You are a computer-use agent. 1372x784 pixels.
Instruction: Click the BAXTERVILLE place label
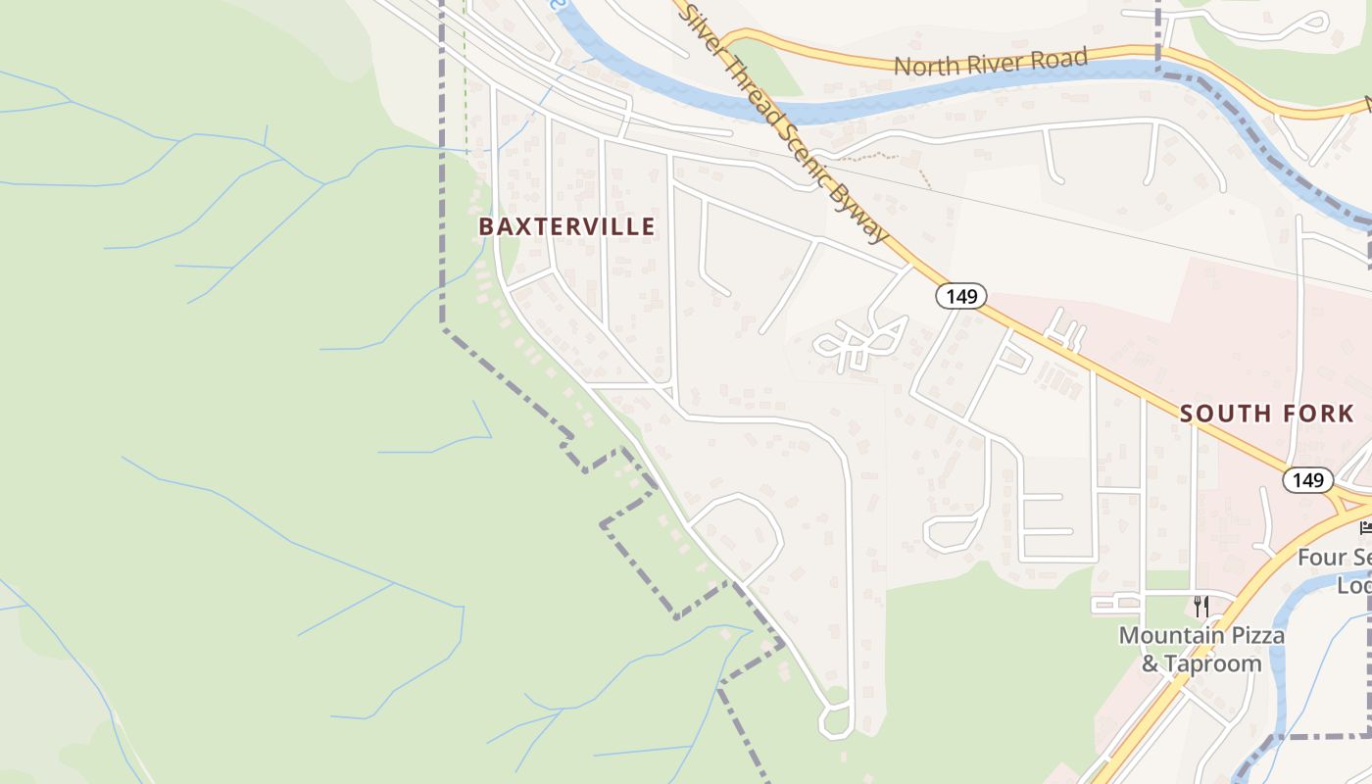click(x=566, y=227)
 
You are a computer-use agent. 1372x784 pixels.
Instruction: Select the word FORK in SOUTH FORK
click(x=1316, y=414)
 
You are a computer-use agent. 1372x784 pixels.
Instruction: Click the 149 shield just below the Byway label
click(x=961, y=296)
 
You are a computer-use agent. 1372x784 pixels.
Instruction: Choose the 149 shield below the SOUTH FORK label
click(x=1307, y=480)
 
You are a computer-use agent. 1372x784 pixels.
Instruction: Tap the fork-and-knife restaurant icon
click(x=1201, y=607)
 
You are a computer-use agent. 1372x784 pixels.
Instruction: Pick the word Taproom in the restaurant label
click(x=1213, y=663)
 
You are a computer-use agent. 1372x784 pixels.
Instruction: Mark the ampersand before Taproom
click(x=1151, y=663)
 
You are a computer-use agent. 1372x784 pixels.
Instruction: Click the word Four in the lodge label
click(x=1320, y=558)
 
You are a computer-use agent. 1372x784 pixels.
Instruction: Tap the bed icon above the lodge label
click(x=1366, y=527)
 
